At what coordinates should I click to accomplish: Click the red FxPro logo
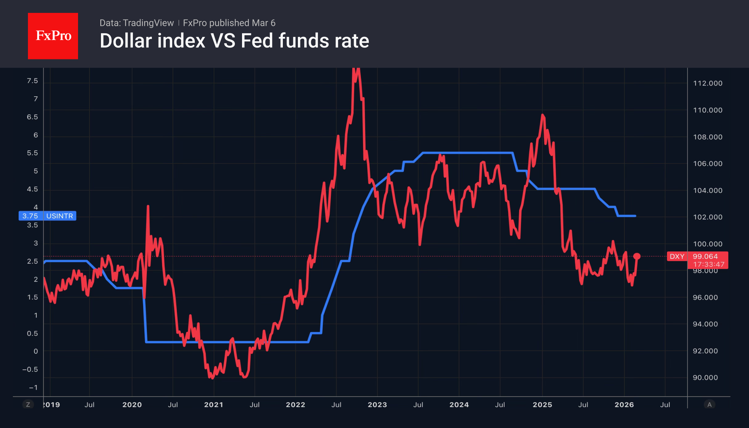(53, 36)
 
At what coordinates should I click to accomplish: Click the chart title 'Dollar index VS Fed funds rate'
(234, 41)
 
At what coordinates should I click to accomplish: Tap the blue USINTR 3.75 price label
(47, 216)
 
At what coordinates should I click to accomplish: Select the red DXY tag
(677, 256)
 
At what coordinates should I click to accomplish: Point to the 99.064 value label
(705, 256)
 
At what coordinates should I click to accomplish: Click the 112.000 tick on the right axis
(707, 83)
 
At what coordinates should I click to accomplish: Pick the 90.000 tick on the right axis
(705, 378)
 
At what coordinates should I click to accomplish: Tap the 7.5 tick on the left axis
(32, 81)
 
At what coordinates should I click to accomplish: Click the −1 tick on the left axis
(33, 388)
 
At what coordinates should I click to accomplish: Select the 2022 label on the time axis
(295, 405)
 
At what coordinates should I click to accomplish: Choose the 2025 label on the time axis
(542, 405)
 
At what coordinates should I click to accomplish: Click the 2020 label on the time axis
(132, 405)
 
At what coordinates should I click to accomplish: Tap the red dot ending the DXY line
(637, 256)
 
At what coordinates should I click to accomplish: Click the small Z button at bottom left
(28, 404)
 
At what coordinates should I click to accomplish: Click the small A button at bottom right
(709, 404)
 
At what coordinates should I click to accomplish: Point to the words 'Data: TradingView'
(136, 23)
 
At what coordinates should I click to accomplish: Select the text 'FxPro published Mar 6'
(229, 23)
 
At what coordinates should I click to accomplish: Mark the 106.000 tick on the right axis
(707, 164)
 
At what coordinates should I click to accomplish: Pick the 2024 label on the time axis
(459, 405)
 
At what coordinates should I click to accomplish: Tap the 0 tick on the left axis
(35, 351)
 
